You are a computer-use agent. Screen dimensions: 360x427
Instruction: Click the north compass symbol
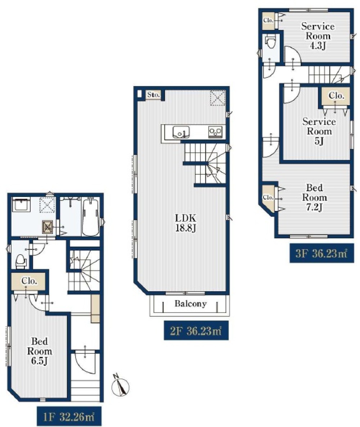click(120, 386)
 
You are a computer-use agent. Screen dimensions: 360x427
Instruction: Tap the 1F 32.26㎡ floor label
click(69, 417)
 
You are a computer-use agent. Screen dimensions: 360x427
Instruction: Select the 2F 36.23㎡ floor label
click(196, 331)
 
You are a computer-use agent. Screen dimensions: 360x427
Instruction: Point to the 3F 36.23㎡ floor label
click(321, 253)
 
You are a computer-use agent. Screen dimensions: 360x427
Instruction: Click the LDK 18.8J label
click(185, 223)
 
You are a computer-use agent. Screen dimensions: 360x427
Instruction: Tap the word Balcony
click(191, 304)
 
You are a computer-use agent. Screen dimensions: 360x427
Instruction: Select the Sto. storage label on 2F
click(153, 95)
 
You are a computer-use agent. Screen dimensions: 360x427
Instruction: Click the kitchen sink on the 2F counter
click(181, 132)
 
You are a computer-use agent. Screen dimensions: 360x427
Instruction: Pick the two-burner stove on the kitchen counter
click(215, 132)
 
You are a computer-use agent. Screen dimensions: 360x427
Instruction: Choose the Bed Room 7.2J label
click(315, 197)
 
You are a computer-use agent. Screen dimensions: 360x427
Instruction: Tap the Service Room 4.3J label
click(318, 36)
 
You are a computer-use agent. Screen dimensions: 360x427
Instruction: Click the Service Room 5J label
click(319, 131)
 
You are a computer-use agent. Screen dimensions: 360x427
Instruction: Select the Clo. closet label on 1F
click(30, 281)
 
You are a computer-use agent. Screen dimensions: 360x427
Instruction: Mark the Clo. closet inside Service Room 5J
click(336, 95)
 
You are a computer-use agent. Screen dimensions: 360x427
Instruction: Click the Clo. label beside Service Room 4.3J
click(268, 20)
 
